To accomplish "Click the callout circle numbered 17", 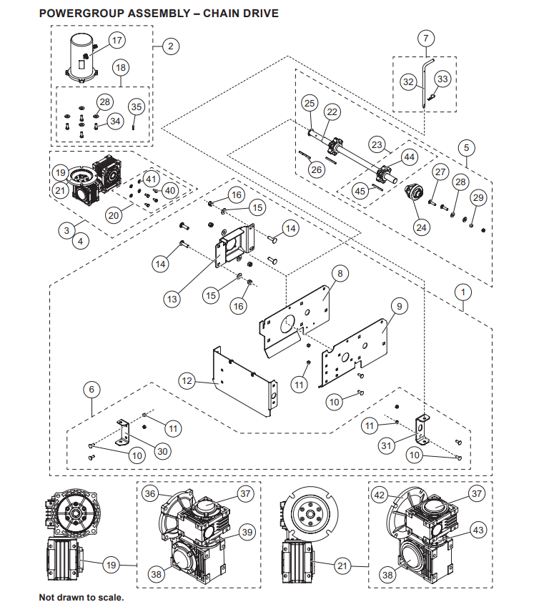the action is point(117,40).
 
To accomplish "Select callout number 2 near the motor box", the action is point(171,46).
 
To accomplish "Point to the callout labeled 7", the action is point(426,38).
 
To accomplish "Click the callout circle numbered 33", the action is point(442,79).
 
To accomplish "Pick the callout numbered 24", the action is point(422,227).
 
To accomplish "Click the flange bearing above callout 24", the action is point(415,192).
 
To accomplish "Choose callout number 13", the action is point(172,299).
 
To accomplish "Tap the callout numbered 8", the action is point(340,273).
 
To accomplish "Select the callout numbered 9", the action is point(400,306).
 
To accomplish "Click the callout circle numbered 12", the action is point(187,381).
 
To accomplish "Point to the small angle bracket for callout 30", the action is point(123,433).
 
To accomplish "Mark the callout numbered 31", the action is point(386,445).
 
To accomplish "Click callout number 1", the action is point(463,292).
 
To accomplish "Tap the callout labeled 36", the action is point(150,493).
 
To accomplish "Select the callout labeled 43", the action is point(478,531).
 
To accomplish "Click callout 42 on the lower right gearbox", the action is point(380,495).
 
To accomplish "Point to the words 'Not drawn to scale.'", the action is point(81,597).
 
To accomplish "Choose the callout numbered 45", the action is point(360,191).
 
